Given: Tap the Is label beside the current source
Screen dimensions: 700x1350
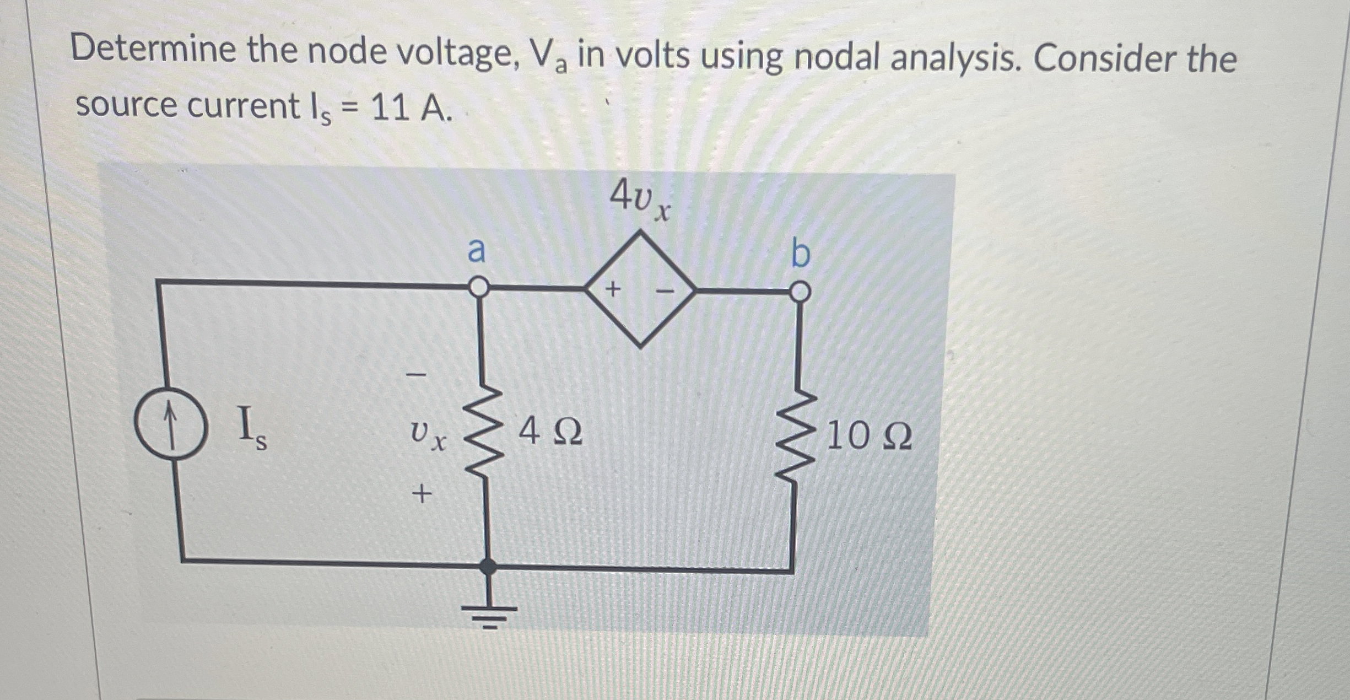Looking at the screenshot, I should click(251, 428).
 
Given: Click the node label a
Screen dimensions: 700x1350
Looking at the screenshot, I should click(477, 251).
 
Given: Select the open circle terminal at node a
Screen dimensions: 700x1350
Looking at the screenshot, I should click(479, 287).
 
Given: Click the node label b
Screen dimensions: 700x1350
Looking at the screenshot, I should click(801, 254).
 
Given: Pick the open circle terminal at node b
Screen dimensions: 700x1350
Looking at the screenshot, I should click(801, 292).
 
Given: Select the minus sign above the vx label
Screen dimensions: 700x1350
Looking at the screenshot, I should click(417, 375).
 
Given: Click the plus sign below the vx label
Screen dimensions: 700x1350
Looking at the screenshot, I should click(422, 493).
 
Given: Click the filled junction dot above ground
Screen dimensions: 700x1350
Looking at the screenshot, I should click(488, 566).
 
